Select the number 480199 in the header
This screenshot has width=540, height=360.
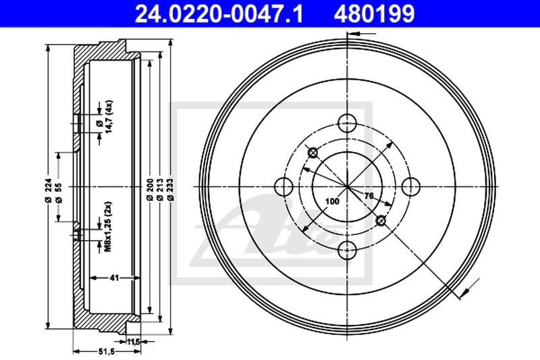(369, 12)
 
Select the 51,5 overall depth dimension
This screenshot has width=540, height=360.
(106, 352)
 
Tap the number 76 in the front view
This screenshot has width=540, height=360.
(369, 197)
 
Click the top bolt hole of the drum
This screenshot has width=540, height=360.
(347, 122)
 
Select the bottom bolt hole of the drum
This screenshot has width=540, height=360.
(347, 249)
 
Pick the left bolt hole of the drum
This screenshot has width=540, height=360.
(284, 186)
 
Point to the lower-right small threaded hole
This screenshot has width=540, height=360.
(381, 220)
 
